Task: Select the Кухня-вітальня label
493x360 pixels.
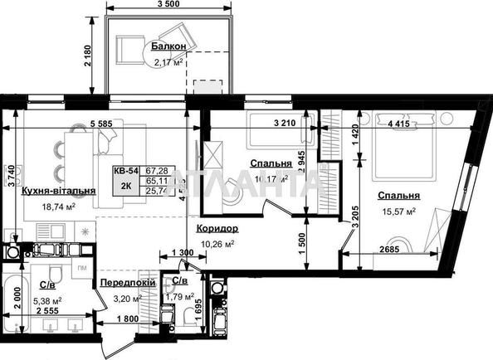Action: point(59,190)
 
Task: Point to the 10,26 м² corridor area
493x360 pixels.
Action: point(217,244)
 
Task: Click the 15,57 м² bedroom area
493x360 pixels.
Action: point(398,212)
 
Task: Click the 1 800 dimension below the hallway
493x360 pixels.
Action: point(127,319)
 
